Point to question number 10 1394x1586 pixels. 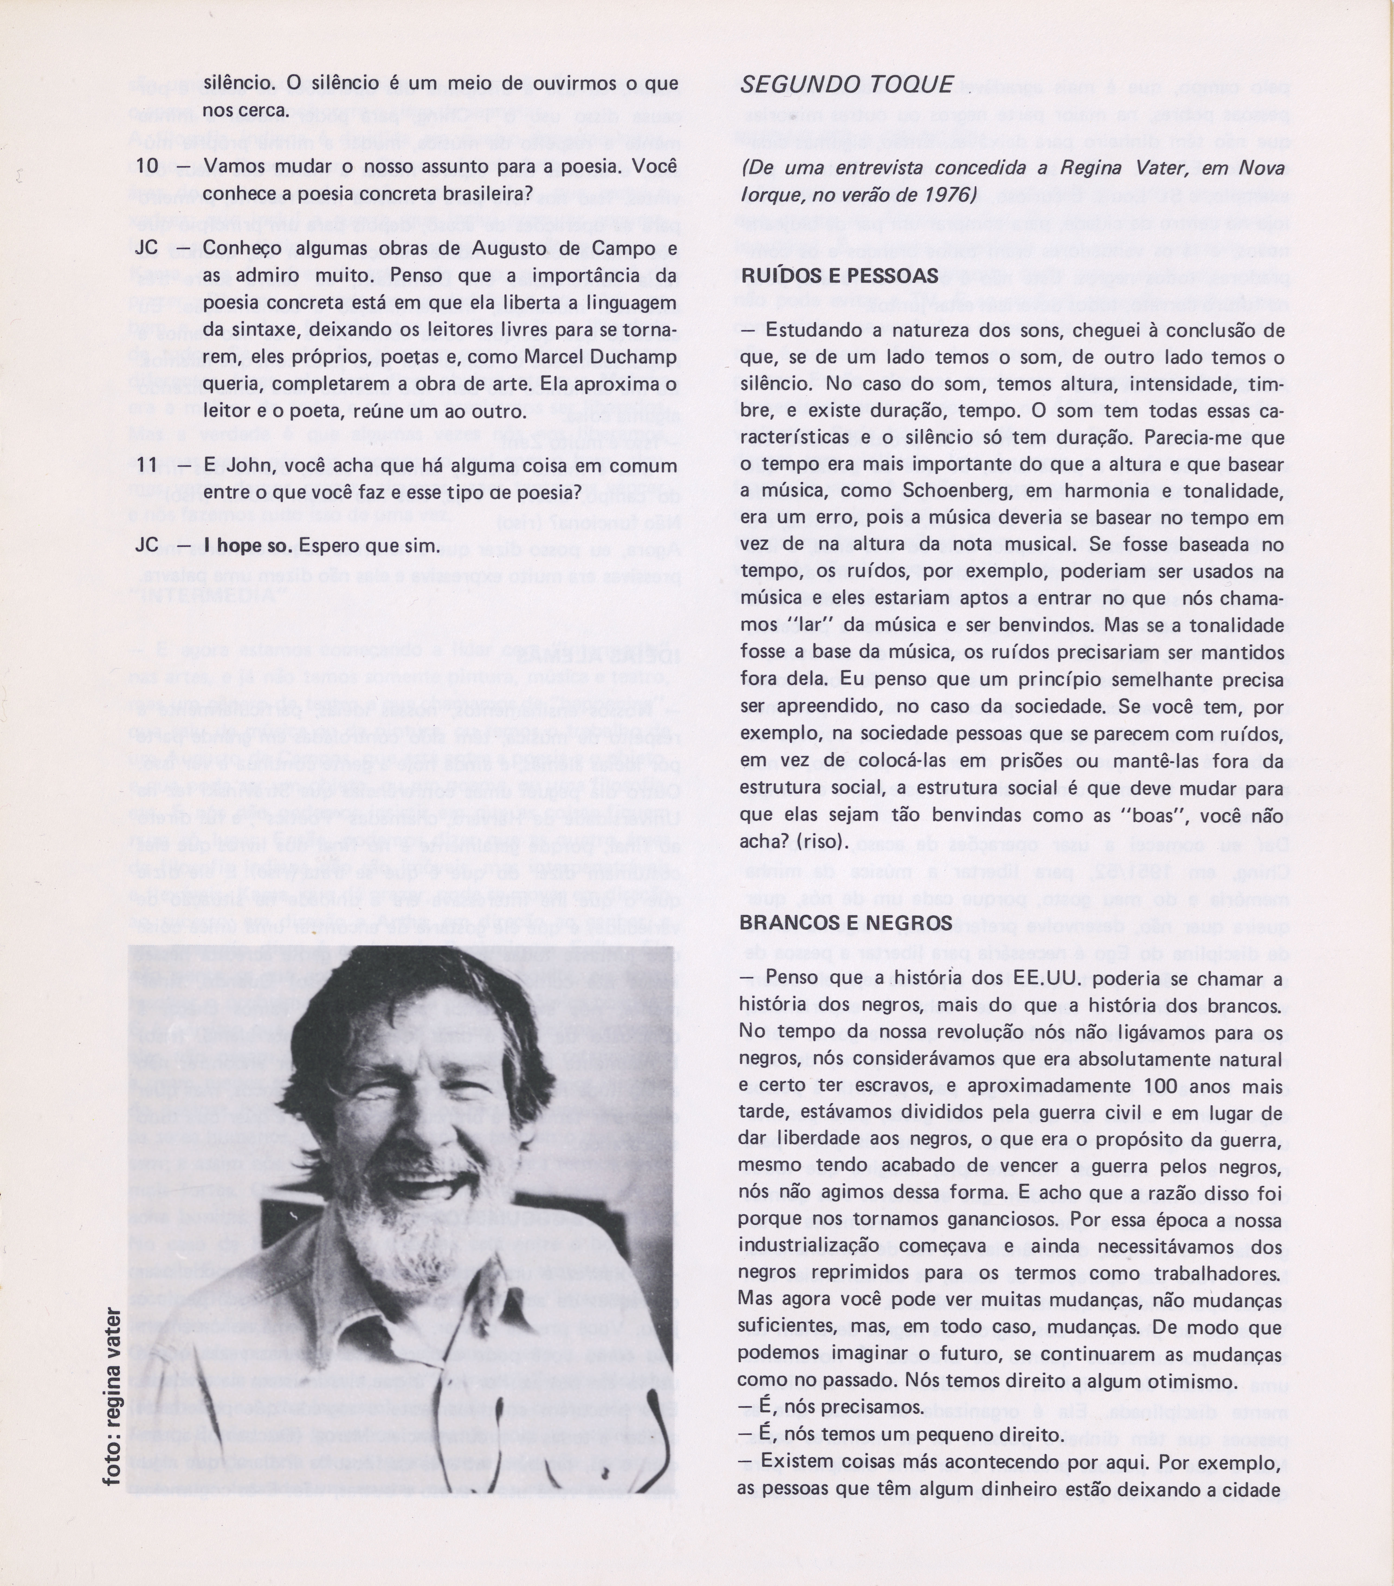147,167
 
